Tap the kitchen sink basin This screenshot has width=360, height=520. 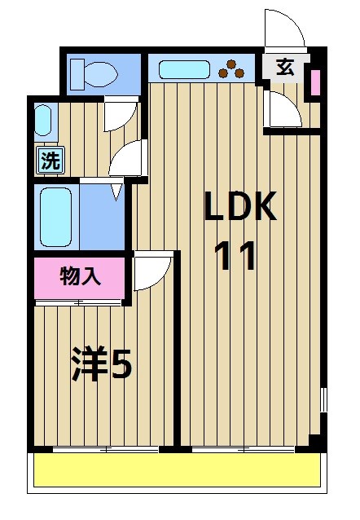coord(184,69)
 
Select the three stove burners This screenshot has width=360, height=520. coord(231,69)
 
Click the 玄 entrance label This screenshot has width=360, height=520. coord(285,68)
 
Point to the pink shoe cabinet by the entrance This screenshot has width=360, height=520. coord(315,83)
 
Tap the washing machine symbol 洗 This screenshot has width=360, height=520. coord(50,161)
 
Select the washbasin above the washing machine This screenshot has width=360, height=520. coord(43,121)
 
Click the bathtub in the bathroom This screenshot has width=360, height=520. coord(56,218)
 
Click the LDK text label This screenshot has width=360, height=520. coord(240,206)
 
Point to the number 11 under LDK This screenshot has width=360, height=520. coord(235,256)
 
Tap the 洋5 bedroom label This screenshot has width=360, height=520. coord(102,364)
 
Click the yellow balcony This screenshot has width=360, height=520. coord(178,470)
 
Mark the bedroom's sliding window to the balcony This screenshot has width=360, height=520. coord(106,450)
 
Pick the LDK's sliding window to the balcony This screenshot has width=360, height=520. coord(244,450)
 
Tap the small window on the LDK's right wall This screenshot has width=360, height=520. coord(324,400)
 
